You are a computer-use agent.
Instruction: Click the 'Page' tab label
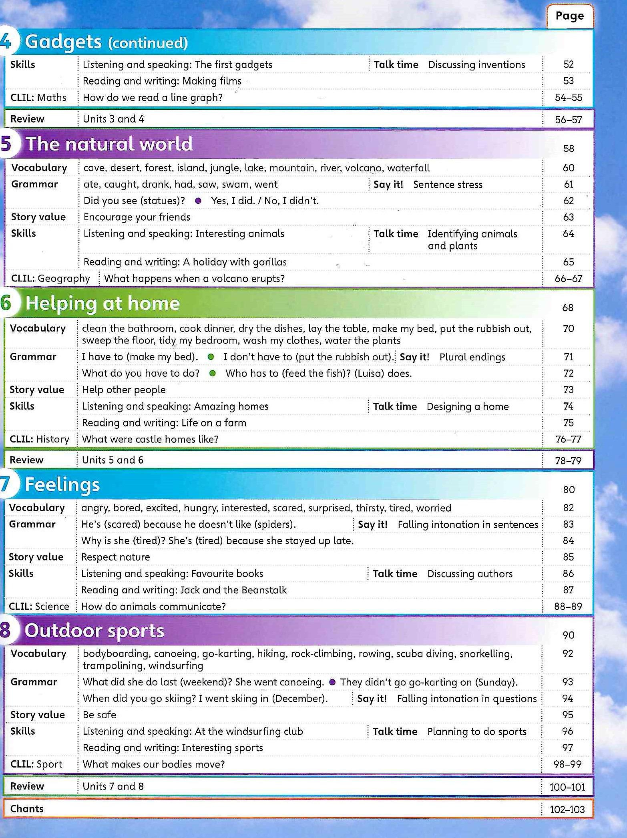click(569, 16)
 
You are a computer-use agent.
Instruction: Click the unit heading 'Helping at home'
click(102, 303)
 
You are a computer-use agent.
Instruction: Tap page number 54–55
click(568, 98)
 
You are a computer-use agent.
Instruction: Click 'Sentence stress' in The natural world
click(448, 185)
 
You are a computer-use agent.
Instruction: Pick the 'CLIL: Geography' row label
click(50, 278)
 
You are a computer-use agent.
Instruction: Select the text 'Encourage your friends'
click(137, 217)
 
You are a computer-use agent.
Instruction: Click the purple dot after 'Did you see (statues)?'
click(198, 201)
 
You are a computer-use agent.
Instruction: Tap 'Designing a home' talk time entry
click(467, 407)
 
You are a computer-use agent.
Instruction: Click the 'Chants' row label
click(27, 808)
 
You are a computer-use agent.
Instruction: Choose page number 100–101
click(567, 787)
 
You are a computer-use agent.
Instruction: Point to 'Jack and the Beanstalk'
click(233, 590)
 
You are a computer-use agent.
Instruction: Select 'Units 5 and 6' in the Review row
click(113, 460)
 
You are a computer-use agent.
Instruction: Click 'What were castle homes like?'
click(150, 439)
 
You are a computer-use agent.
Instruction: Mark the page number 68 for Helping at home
click(568, 307)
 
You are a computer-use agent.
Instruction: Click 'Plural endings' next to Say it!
click(472, 357)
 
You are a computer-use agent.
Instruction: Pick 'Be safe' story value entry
click(99, 715)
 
